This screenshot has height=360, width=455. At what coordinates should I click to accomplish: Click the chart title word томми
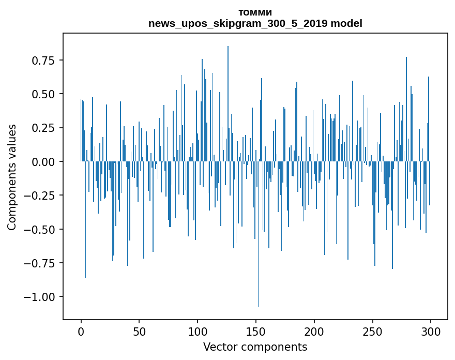[x=255, y=12]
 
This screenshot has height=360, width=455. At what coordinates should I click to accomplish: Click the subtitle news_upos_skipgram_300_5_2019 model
[x=255, y=23]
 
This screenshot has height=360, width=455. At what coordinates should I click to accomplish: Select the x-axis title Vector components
[x=255, y=347]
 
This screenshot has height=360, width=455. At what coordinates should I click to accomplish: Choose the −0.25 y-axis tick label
[x=41, y=195]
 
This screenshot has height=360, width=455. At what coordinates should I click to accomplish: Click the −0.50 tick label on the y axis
[x=41, y=229]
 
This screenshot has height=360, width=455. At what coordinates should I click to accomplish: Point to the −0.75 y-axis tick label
[x=41, y=263]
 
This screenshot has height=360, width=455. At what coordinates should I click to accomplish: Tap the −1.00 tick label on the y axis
[x=41, y=296]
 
